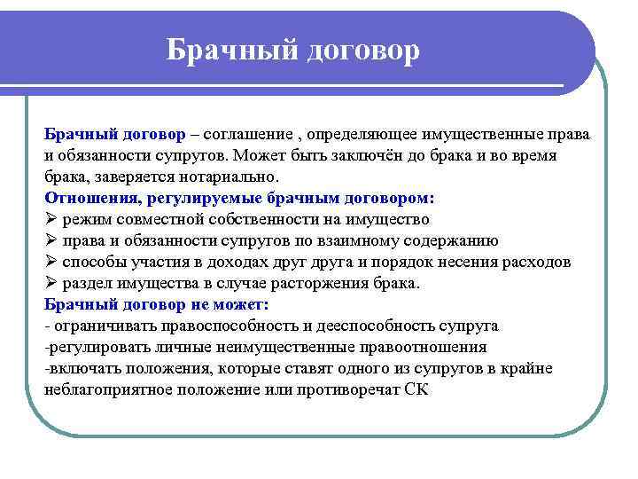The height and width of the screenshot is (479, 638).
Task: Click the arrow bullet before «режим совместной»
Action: point(51,219)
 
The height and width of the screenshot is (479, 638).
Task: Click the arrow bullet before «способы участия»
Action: point(51,262)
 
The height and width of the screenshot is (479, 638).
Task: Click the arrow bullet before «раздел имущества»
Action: point(51,283)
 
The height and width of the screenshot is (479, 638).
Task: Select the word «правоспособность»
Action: point(204,326)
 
